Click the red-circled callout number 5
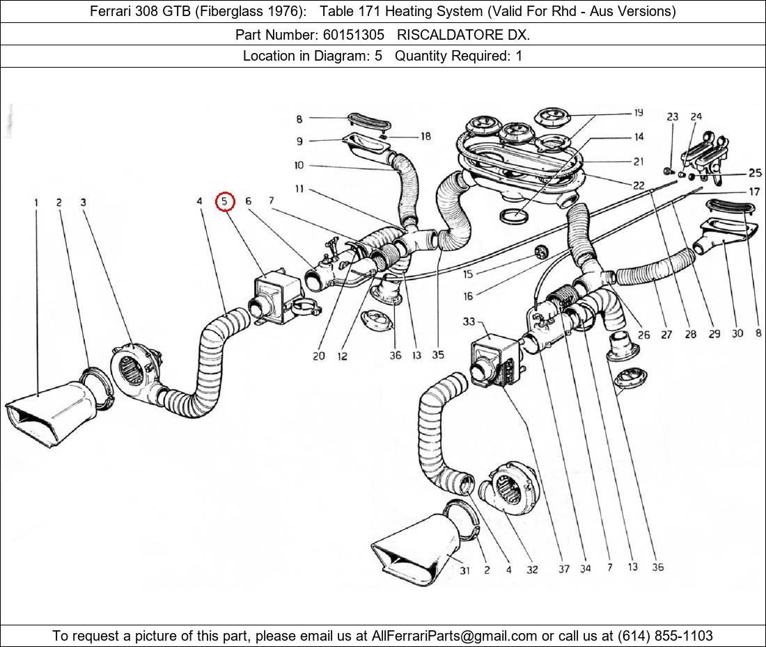click(225, 202)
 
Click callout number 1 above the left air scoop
click(36, 203)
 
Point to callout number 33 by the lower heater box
click(468, 322)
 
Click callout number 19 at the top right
click(638, 113)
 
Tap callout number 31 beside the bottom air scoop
click(464, 570)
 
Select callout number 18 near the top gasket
click(425, 137)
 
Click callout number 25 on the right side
click(755, 173)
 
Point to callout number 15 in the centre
click(467, 275)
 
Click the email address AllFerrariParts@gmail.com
click(455, 636)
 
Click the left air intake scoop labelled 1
click(52, 411)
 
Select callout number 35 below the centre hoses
click(437, 355)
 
